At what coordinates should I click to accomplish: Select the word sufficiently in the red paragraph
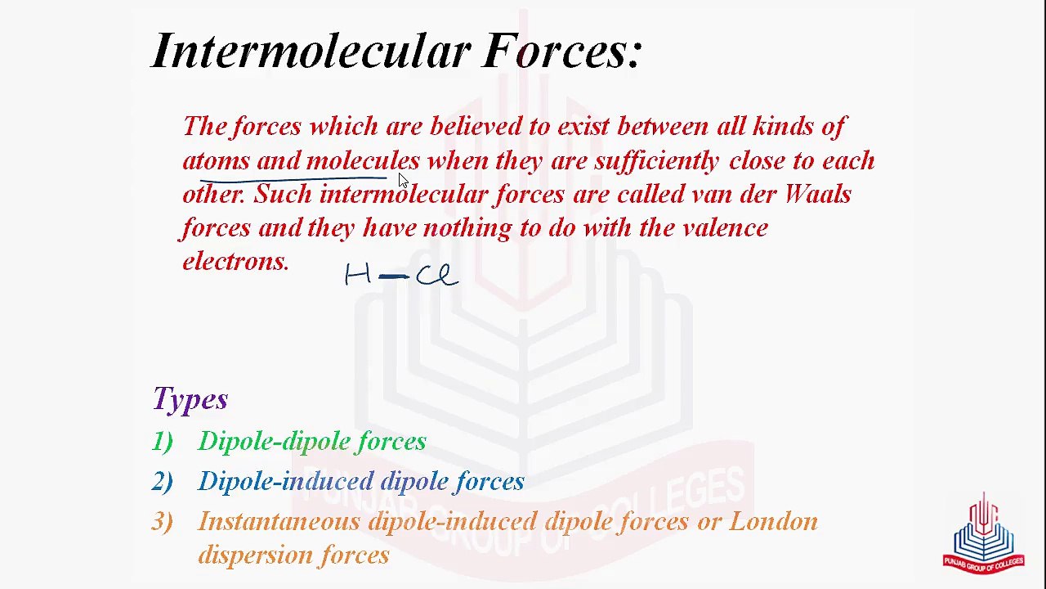656,161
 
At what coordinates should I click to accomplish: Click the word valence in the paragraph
725,228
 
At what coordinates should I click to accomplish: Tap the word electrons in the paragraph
235,262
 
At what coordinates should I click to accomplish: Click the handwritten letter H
358,275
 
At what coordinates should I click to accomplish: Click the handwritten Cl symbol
436,276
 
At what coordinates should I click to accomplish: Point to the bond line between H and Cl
394,277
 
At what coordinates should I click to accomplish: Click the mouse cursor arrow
403,182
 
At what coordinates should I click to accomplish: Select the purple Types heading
190,399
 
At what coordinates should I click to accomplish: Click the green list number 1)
162,442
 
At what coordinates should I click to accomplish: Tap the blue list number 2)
162,482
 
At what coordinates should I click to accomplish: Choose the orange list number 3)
162,522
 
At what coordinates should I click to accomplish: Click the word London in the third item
773,522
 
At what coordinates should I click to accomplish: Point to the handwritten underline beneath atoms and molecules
294,178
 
